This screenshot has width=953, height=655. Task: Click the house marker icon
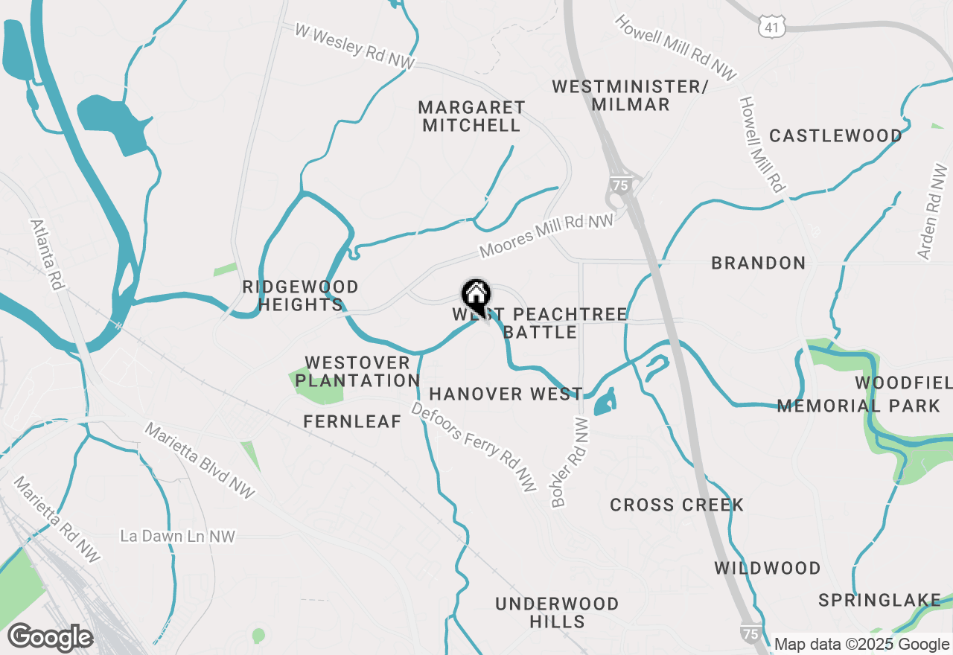pyautogui.click(x=476, y=295)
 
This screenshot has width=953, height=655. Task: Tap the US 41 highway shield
pyautogui.click(x=771, y=28)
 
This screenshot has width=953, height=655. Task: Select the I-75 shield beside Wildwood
pyautogui.click(x=750, y=633)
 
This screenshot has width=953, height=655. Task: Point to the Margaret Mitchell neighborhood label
pyautogui.click(x=471, y=116)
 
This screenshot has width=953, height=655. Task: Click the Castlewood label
pyautogui.click(x=835, y=135)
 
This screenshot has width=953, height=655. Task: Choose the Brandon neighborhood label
pyautogui.click(x=758, y=263)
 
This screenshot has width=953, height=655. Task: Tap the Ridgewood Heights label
pyautogui.click(x=301, y=295)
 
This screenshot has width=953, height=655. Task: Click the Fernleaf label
pyautogui.click(x=352, y=421)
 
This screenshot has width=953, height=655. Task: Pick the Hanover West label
pyautogui.click(x=506, y=394)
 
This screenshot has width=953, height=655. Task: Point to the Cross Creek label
pyautogui.click(x=677, y=505)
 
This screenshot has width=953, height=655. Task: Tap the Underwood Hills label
pyautogui.click(x=557, y=612)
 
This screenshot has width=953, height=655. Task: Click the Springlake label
pyautogui.click(x=879, y=600)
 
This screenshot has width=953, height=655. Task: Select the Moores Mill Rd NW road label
pyautogui.click(x=546, y=234)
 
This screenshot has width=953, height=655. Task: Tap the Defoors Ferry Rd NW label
pyautogui.click(x=474, y=447)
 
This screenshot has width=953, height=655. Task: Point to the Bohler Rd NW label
pyautogui.click(x=571, y=462)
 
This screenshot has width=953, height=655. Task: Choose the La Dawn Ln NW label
pyautogui.click(x=178, y=536)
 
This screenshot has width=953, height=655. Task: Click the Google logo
pyautogui.click(x=50, y=637)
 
